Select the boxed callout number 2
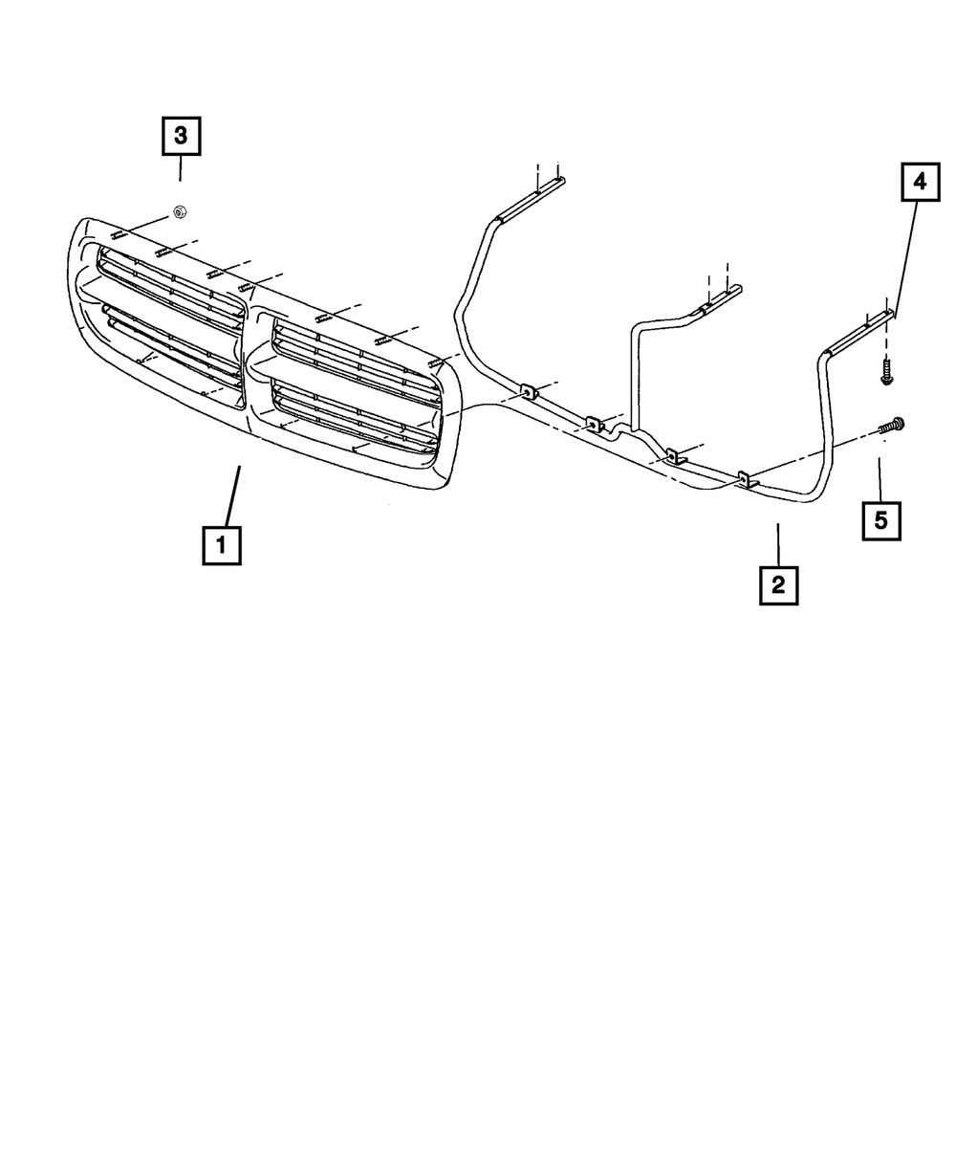[778, 584]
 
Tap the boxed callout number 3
[181, 136]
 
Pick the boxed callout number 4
[920, 182]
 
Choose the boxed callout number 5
[881, 520]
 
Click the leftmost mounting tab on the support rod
[528, 392]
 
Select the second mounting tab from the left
[594, 423]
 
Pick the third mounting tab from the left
[675, 455]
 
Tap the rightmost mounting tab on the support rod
[747, 478]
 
